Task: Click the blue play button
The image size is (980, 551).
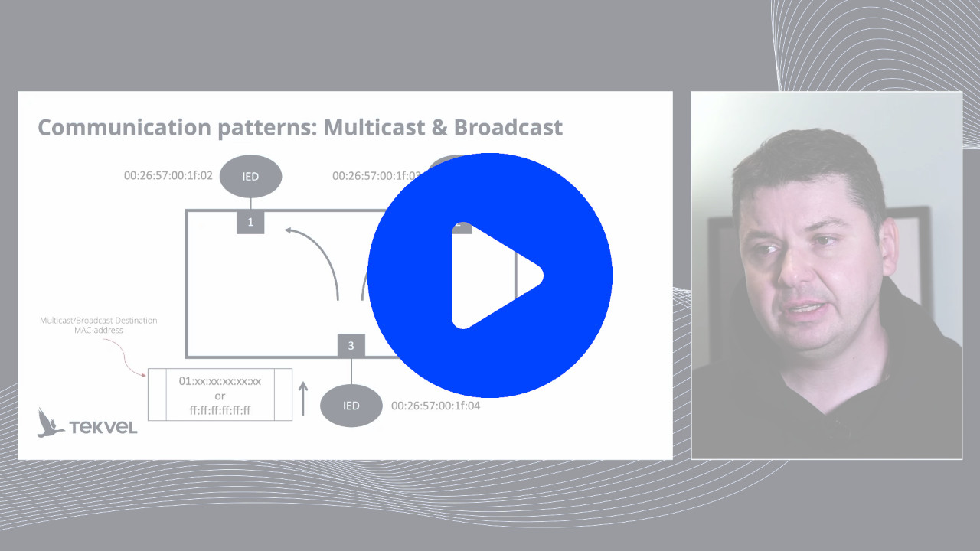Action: pos(490,275)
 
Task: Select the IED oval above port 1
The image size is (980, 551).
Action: pos(250,177)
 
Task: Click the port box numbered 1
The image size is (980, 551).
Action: pos(250,222)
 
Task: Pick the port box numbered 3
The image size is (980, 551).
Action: pos(351,346)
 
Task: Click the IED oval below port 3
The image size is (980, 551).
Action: pos(351,406)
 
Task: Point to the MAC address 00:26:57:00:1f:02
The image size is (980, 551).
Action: pos(168,175)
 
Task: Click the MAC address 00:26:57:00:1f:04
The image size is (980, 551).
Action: pos(436,406)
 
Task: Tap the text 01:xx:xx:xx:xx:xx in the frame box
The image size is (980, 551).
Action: pos(220,381)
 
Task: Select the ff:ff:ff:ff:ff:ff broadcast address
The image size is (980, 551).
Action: pos(220,411)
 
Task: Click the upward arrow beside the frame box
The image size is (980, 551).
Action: pos(303,399)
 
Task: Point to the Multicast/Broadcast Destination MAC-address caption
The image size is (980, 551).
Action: pos(98,325)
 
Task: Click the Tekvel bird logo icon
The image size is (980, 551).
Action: pos(50,422)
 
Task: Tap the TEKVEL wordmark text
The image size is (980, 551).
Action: pos(103,427)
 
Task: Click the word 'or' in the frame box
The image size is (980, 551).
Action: pos(220,396)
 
